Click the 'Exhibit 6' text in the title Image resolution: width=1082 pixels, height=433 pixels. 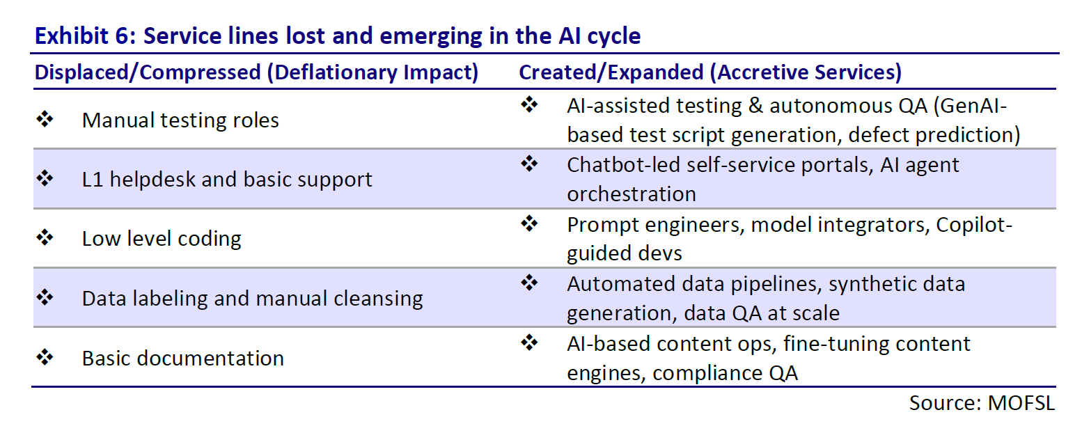tap(85, 36)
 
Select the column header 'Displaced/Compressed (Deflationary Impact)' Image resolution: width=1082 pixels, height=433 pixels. tap(256, 72)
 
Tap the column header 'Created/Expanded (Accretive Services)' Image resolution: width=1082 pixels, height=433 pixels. tap(710, 72)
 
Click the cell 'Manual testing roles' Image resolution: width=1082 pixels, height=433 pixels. tap(180, 120)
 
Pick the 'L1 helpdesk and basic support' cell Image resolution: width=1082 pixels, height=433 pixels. tap(227, 180)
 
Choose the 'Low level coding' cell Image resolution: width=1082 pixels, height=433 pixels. tap(162, 239)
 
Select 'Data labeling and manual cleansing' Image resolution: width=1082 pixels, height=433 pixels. tap(252, 299)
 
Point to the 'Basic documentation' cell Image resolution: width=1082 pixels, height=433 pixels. tap(182, 359)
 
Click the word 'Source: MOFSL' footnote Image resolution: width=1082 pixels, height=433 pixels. tap(982, 403)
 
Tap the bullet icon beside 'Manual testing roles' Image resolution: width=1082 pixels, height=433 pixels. tap(45, 119)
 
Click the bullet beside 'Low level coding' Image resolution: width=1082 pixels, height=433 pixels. tap(45, 237)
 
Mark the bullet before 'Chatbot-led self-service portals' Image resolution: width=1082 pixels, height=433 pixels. tap(529, 164)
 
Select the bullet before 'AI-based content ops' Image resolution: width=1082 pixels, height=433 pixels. tap(529, 343)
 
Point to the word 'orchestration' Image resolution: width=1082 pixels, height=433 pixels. tap(632, 194)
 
